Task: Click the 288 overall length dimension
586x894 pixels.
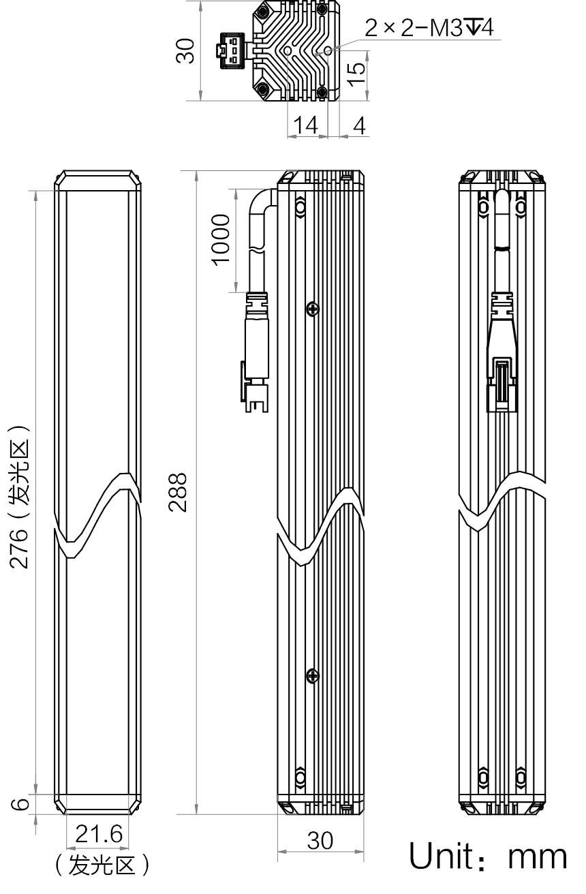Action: point(178,492)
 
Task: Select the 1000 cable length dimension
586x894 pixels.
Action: point(221,240)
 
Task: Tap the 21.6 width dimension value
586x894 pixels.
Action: point(99,834)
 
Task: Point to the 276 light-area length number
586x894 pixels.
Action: point(19,549)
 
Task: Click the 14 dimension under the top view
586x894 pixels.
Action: point(305,125)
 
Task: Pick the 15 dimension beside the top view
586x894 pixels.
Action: point(356,74)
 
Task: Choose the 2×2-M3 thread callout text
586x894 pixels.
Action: point(429,27)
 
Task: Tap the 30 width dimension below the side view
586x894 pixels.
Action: point(320,841)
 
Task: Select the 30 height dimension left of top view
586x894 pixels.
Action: point(185,50)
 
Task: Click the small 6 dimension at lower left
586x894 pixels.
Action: point(20,803)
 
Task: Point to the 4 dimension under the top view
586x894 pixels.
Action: point(359,125)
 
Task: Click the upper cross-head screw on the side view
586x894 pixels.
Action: point(313,309)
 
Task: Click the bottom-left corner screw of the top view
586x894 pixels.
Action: point(262,89)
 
